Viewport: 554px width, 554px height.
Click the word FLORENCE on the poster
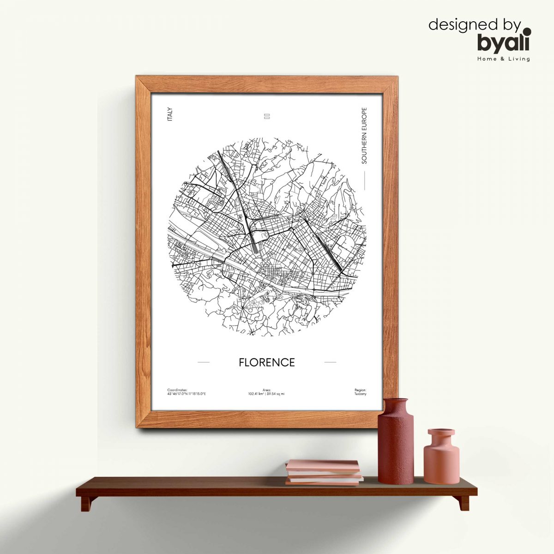coord(266,362)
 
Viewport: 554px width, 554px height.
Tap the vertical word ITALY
coord(170,114)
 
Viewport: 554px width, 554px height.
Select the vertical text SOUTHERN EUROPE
coord(364,136)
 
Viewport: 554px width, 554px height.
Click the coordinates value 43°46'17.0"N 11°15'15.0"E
coord(187,394)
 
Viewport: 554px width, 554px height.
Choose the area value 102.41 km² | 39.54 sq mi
coord(266,394)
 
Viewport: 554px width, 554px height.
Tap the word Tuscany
coord(360,394)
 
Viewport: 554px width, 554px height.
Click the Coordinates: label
coord(177,390)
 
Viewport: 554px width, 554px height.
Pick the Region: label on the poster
coord(360,390)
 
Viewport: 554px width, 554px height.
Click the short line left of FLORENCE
coord(203,362)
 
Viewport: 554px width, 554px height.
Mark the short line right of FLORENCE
coord(330,362)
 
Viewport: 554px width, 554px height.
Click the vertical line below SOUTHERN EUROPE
coord(364,180)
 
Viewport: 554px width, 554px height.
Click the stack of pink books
coord(323,472)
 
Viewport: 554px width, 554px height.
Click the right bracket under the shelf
coord(464,503)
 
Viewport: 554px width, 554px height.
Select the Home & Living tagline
coord(504,59)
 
